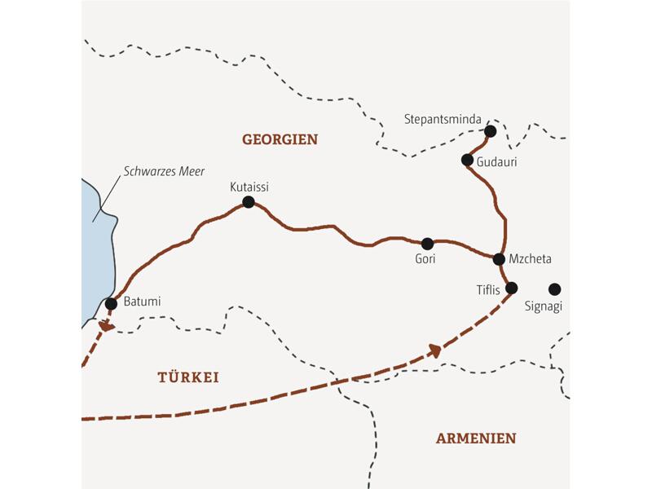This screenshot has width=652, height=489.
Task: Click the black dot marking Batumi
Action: (111, 304)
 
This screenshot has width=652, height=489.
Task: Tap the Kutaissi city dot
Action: (249, 202)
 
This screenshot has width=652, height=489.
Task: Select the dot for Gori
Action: (426, 243)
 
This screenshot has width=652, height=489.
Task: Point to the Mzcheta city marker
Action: (499, 259)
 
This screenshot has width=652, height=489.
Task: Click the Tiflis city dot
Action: (512, 288)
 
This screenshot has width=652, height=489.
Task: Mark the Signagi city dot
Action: (555, 289)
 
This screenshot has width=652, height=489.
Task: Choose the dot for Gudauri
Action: (467, 160)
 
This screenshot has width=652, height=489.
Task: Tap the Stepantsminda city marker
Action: (490, 131)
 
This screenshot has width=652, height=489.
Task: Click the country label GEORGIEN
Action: (280, 139)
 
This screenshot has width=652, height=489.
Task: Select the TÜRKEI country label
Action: (187, 377)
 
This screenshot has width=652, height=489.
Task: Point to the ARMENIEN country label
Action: (476, 438)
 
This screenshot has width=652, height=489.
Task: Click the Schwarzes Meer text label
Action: (163, 172)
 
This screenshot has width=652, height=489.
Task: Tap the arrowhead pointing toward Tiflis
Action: (436, 350)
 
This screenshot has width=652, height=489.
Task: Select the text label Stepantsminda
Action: (443, 119)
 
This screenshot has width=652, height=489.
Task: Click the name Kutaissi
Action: (249, 187)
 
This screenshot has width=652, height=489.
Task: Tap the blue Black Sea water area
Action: (96, 244)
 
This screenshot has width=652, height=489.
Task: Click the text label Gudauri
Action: (496, 162)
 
